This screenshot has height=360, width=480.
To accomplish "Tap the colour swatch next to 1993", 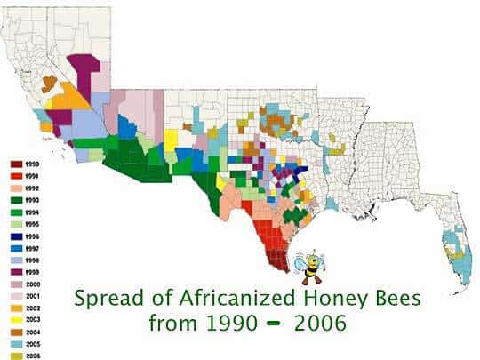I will (x=16, y=201).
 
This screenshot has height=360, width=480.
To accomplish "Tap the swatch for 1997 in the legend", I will (x=16, y=249).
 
